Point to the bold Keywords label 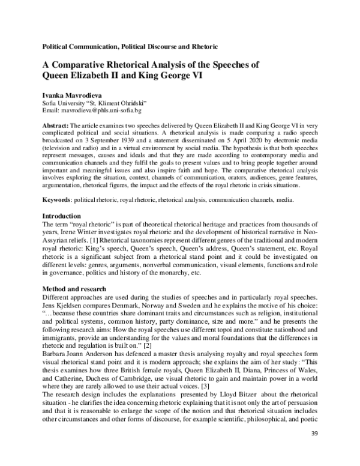point(58,199)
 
